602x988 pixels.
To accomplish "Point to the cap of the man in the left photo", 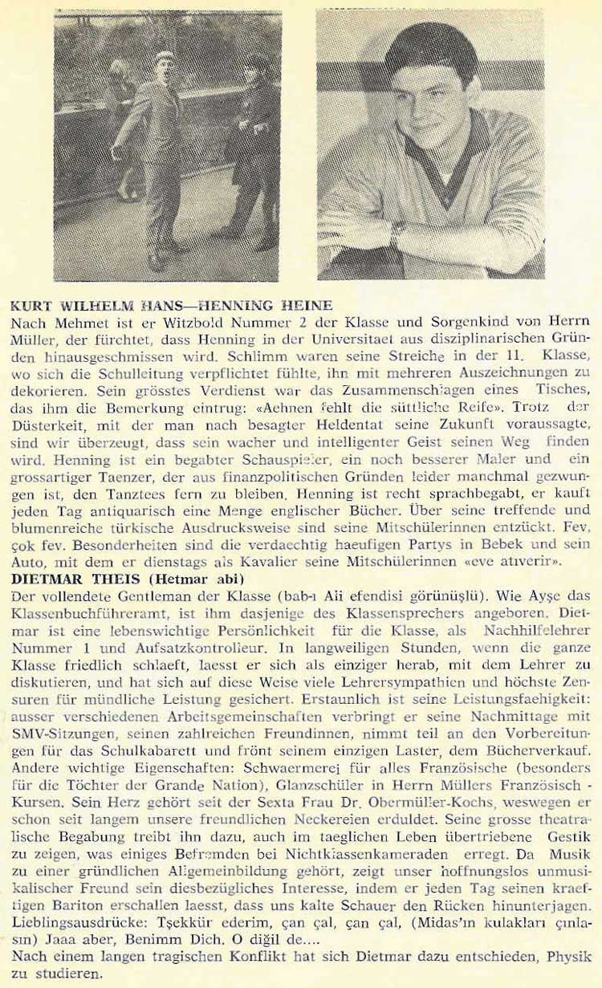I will [165, 57].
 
